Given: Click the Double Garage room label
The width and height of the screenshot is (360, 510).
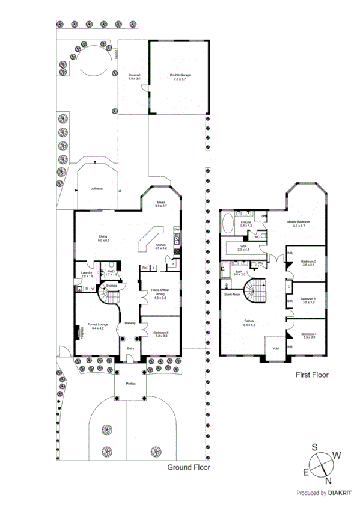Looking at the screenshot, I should point(180,77).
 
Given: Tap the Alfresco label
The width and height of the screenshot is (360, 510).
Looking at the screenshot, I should point(97,189).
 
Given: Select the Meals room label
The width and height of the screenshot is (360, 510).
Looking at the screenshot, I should point(160,204).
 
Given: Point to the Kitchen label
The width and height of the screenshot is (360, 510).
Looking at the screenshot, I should point(160,247).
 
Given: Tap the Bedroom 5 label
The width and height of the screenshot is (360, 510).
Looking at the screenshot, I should point(160,334).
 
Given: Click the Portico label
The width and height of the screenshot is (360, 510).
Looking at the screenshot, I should point(130,384).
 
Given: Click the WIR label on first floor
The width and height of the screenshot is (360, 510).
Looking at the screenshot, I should point(243,247).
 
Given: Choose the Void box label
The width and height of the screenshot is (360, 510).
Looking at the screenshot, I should point(276,348).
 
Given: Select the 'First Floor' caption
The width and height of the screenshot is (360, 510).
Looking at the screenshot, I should point(312,375).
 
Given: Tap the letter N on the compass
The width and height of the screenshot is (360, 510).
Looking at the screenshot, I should point(328,481).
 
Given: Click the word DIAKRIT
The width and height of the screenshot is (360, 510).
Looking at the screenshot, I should point(340,493).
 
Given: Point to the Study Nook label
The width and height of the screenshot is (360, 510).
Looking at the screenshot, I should point(232,295).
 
